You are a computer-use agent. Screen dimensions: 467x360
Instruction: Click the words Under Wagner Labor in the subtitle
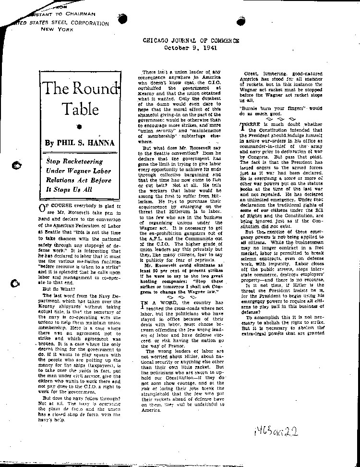[x=78, y=171]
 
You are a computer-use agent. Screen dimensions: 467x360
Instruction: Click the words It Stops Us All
[x=71, y=189]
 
